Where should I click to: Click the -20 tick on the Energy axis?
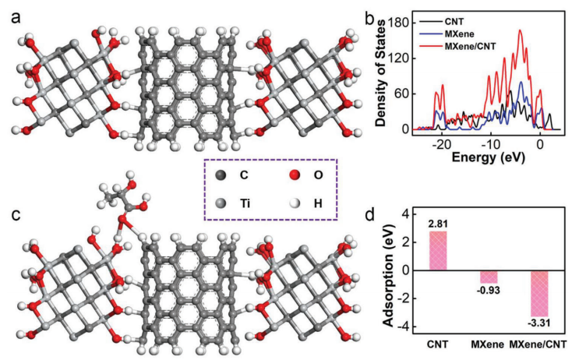[442, 143]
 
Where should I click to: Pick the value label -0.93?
[488, 290]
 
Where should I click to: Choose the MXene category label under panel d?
[485, 344]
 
